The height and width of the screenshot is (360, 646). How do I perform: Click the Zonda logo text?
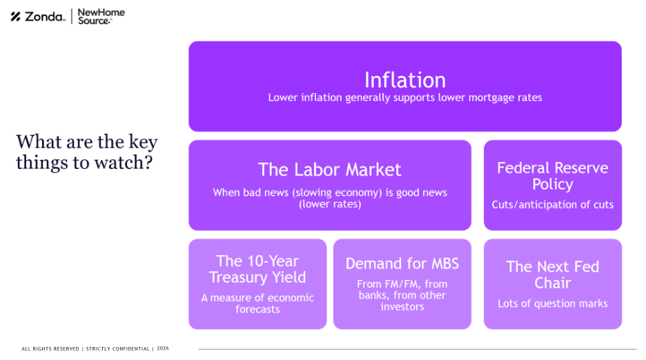click(44, 17)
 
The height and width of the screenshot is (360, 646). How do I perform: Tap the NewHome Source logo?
click(101, 17)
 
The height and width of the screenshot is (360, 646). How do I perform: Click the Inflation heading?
click(405, 80)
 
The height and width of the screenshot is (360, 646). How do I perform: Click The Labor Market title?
click(330, 170)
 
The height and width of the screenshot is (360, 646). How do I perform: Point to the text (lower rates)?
click(330, 204)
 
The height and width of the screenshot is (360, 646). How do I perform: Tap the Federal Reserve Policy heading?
click(552, 176)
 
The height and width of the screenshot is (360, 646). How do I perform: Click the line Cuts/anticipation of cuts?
click(552, 205)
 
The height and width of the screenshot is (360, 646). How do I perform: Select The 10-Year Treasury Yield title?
click(257, 270)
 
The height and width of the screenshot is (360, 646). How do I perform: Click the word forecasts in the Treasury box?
click(257, 310)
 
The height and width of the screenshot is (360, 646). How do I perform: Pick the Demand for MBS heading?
click(402, 263)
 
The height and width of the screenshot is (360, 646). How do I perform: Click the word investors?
click(402, 307)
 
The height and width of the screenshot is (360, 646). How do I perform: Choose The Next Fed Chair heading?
click(552, 275)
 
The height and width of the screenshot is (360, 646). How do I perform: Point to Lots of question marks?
click(552, 303)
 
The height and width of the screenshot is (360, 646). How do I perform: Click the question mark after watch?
click(148, 162)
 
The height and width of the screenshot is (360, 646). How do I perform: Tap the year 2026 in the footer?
click(163, 348)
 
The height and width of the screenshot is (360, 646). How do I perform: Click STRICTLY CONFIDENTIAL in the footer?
click(117, 349)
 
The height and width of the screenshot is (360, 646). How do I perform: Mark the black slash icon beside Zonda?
click(16, 17)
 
